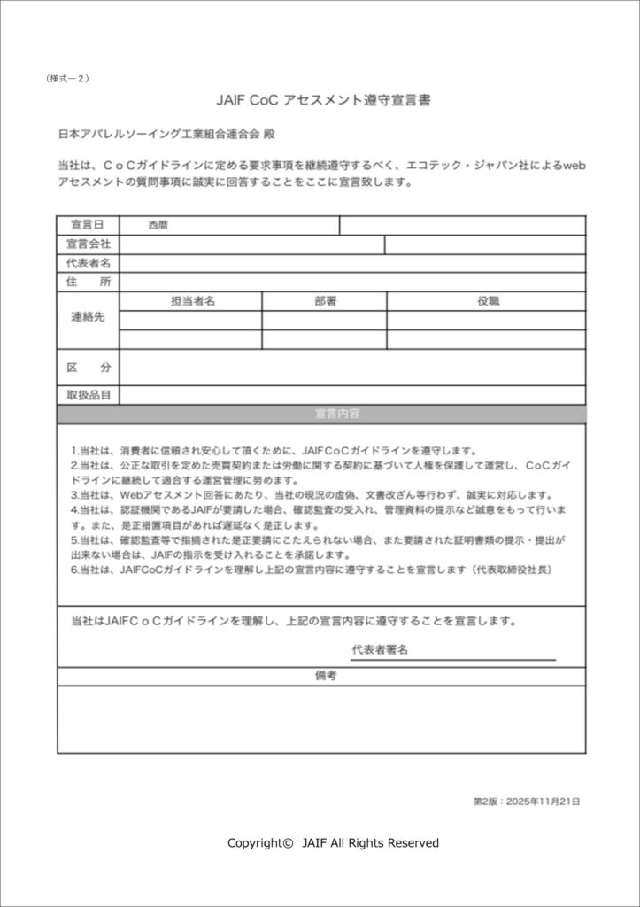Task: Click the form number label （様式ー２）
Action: pos(66,79)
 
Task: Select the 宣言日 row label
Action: pos(88,225)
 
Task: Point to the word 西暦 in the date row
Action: pos(158,225)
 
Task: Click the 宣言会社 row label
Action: pos(88,244)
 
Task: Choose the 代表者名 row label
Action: pos(88,263)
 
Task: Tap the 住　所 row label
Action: pos(88,282)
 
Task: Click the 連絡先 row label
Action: pos(88,318)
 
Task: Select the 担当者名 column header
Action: pos(192,301)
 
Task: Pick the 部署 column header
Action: pos(325,301)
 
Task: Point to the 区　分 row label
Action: pos(88,367)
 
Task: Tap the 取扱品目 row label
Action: pos(88,395)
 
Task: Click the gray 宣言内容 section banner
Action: pos(321,414)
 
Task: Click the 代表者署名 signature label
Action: pos(380,650)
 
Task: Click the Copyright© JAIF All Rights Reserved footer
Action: pos(333,843)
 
